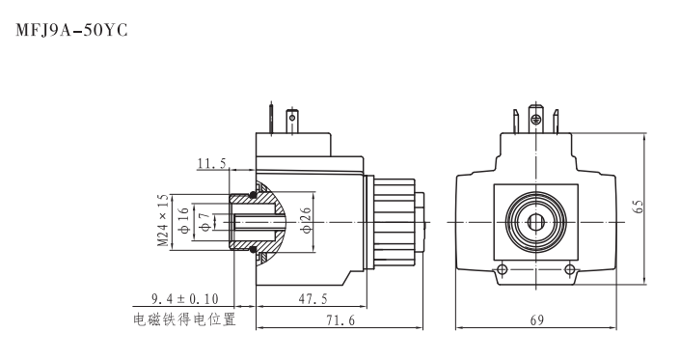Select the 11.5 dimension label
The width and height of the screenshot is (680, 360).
211,165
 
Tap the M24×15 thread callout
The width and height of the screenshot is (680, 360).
164,221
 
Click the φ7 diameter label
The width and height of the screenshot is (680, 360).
204,221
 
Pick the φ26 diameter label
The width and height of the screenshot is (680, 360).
305,221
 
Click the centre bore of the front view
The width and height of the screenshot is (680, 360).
534,221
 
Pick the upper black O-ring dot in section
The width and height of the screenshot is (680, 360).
253,194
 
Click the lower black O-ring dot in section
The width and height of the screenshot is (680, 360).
253,250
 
